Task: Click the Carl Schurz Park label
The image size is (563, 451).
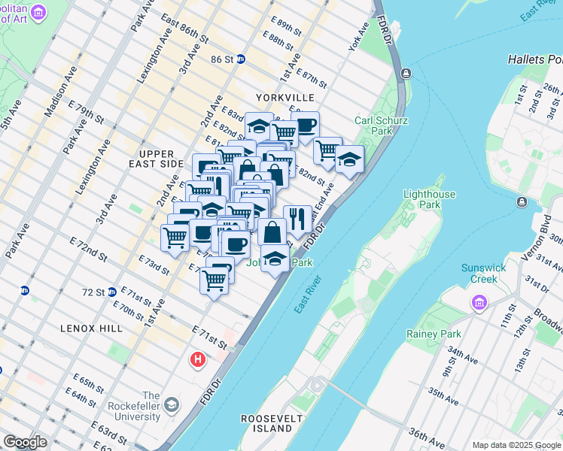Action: click(x=373, y=126)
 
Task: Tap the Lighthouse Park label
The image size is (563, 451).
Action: click(x=430, y=199)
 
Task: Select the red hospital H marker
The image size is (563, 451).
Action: click(x=199, y=360)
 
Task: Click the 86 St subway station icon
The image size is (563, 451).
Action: click(x=241, y=59)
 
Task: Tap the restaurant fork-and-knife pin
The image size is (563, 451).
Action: click(x=297, y=219)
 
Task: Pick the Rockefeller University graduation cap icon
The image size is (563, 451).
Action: click(x=172, y=406)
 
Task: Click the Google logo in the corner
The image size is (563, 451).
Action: click(x=25, y=443)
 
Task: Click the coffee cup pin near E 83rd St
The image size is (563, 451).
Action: click(x=305, y=126)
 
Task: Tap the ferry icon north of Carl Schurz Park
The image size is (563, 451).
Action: click(x=406, y=73)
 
